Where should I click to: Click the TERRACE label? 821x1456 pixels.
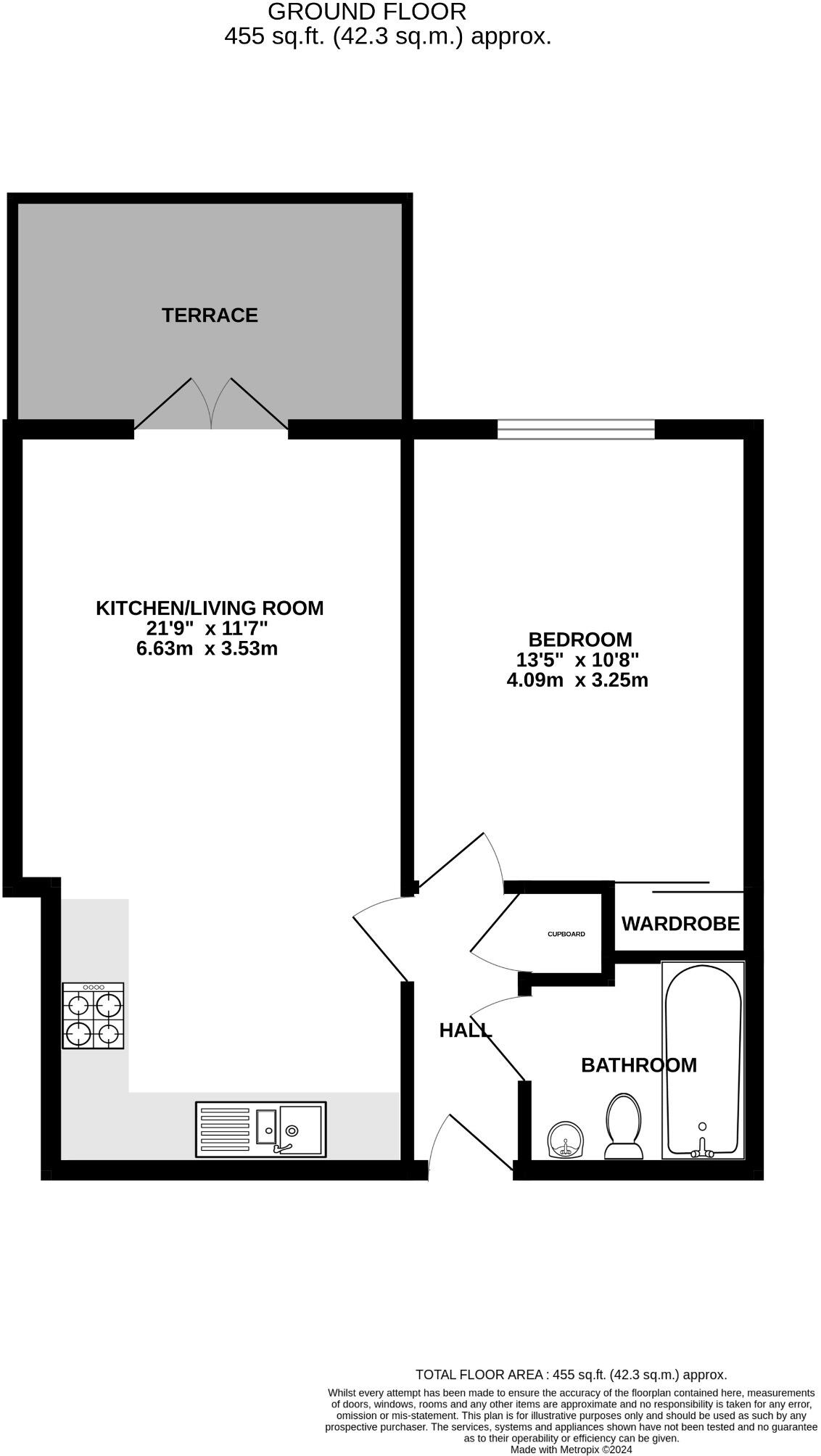[210, 315]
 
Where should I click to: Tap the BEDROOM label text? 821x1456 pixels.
[579, 640]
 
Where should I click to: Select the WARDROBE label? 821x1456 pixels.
[680, 924]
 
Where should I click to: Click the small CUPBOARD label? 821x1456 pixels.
[566, 934]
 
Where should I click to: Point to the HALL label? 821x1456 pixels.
[465, 1030]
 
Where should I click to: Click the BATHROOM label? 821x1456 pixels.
[638, 1065]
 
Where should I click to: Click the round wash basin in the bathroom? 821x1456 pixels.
[566, 1139]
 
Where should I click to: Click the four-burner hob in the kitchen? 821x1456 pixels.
[93, 1016]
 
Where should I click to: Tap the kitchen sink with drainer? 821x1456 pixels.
[260, 1129]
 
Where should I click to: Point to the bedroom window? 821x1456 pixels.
[576, 429]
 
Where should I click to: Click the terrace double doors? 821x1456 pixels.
[211, 406]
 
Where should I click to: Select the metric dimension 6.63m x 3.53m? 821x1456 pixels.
[207, 648]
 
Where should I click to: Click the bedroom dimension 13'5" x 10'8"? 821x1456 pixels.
[577, 660]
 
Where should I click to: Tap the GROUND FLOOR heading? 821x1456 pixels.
[367, 12]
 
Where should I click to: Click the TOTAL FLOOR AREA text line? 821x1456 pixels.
[571, 1375]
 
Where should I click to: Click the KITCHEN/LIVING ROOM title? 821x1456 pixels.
[210, 608]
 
